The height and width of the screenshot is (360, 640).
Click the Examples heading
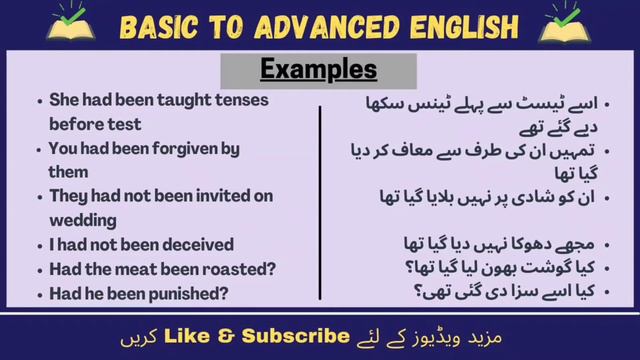click(319, 70)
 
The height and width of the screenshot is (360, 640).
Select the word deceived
click(197, 244)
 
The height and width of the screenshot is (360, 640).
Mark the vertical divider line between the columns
click(321, 200)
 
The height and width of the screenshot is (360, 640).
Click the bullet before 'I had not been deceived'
click(37, 245)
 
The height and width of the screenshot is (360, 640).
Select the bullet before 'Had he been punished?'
click(37, 294)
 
